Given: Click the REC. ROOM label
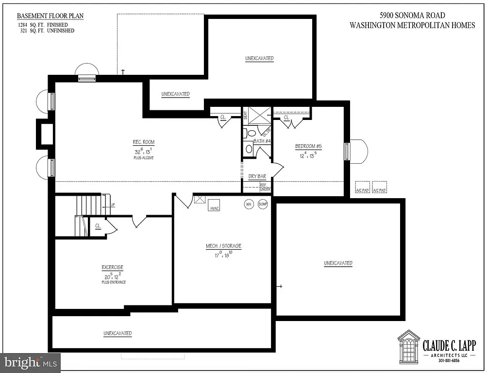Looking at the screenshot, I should tap(144, 142).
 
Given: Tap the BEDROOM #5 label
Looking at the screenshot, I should tap(309, 147).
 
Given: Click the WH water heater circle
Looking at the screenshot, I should tap(249, 204).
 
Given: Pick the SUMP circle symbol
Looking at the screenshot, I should tap(263, 204).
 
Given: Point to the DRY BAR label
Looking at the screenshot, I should tap(257, 177).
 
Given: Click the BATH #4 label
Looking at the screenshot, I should tap(261, 141).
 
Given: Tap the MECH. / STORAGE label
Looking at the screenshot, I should tap(223, 246).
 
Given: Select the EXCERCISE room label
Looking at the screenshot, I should tap(112, 268).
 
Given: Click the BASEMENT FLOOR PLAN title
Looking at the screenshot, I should tap(50, 16).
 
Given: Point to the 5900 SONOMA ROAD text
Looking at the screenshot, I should tap(412, 16).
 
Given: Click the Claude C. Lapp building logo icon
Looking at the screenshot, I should tap(408, 345).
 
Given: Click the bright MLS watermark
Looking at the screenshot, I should tap(30, 362).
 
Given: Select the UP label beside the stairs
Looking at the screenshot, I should tap(113, 205).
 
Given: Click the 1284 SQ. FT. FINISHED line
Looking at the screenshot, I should tap(43, 24).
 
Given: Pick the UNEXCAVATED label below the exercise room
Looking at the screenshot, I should tap(117, 334).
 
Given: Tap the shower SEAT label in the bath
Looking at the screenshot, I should tap(245, 117).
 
